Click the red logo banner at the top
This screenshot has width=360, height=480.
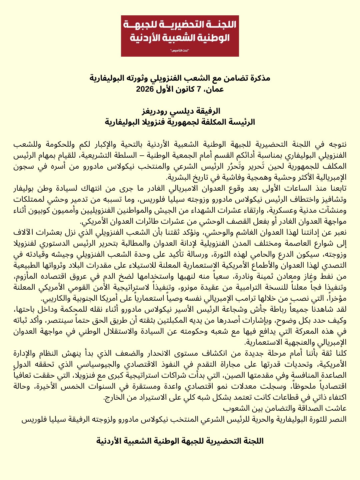point(180,36)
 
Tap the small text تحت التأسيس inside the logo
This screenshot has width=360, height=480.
point(180,50)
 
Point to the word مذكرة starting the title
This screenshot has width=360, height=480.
point(259,78)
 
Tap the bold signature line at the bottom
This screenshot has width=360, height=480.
point(180,441)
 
